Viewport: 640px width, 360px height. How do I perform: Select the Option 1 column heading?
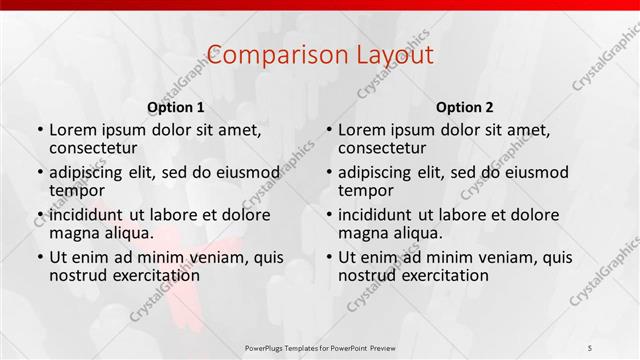pyautogui.click(x=176, y=107)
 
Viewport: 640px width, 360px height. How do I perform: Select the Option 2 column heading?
pyautogui.click(x=465, y=107)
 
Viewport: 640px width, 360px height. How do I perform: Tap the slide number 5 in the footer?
pyautogui.click(x=591, y=347)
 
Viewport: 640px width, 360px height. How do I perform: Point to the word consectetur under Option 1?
pyautogui.click(x=98, y=148)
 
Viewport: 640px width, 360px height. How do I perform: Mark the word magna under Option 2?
pyautogui.click(x=361, y=233)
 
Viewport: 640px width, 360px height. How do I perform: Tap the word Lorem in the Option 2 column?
pyautogui.click(x=361, y=130)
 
